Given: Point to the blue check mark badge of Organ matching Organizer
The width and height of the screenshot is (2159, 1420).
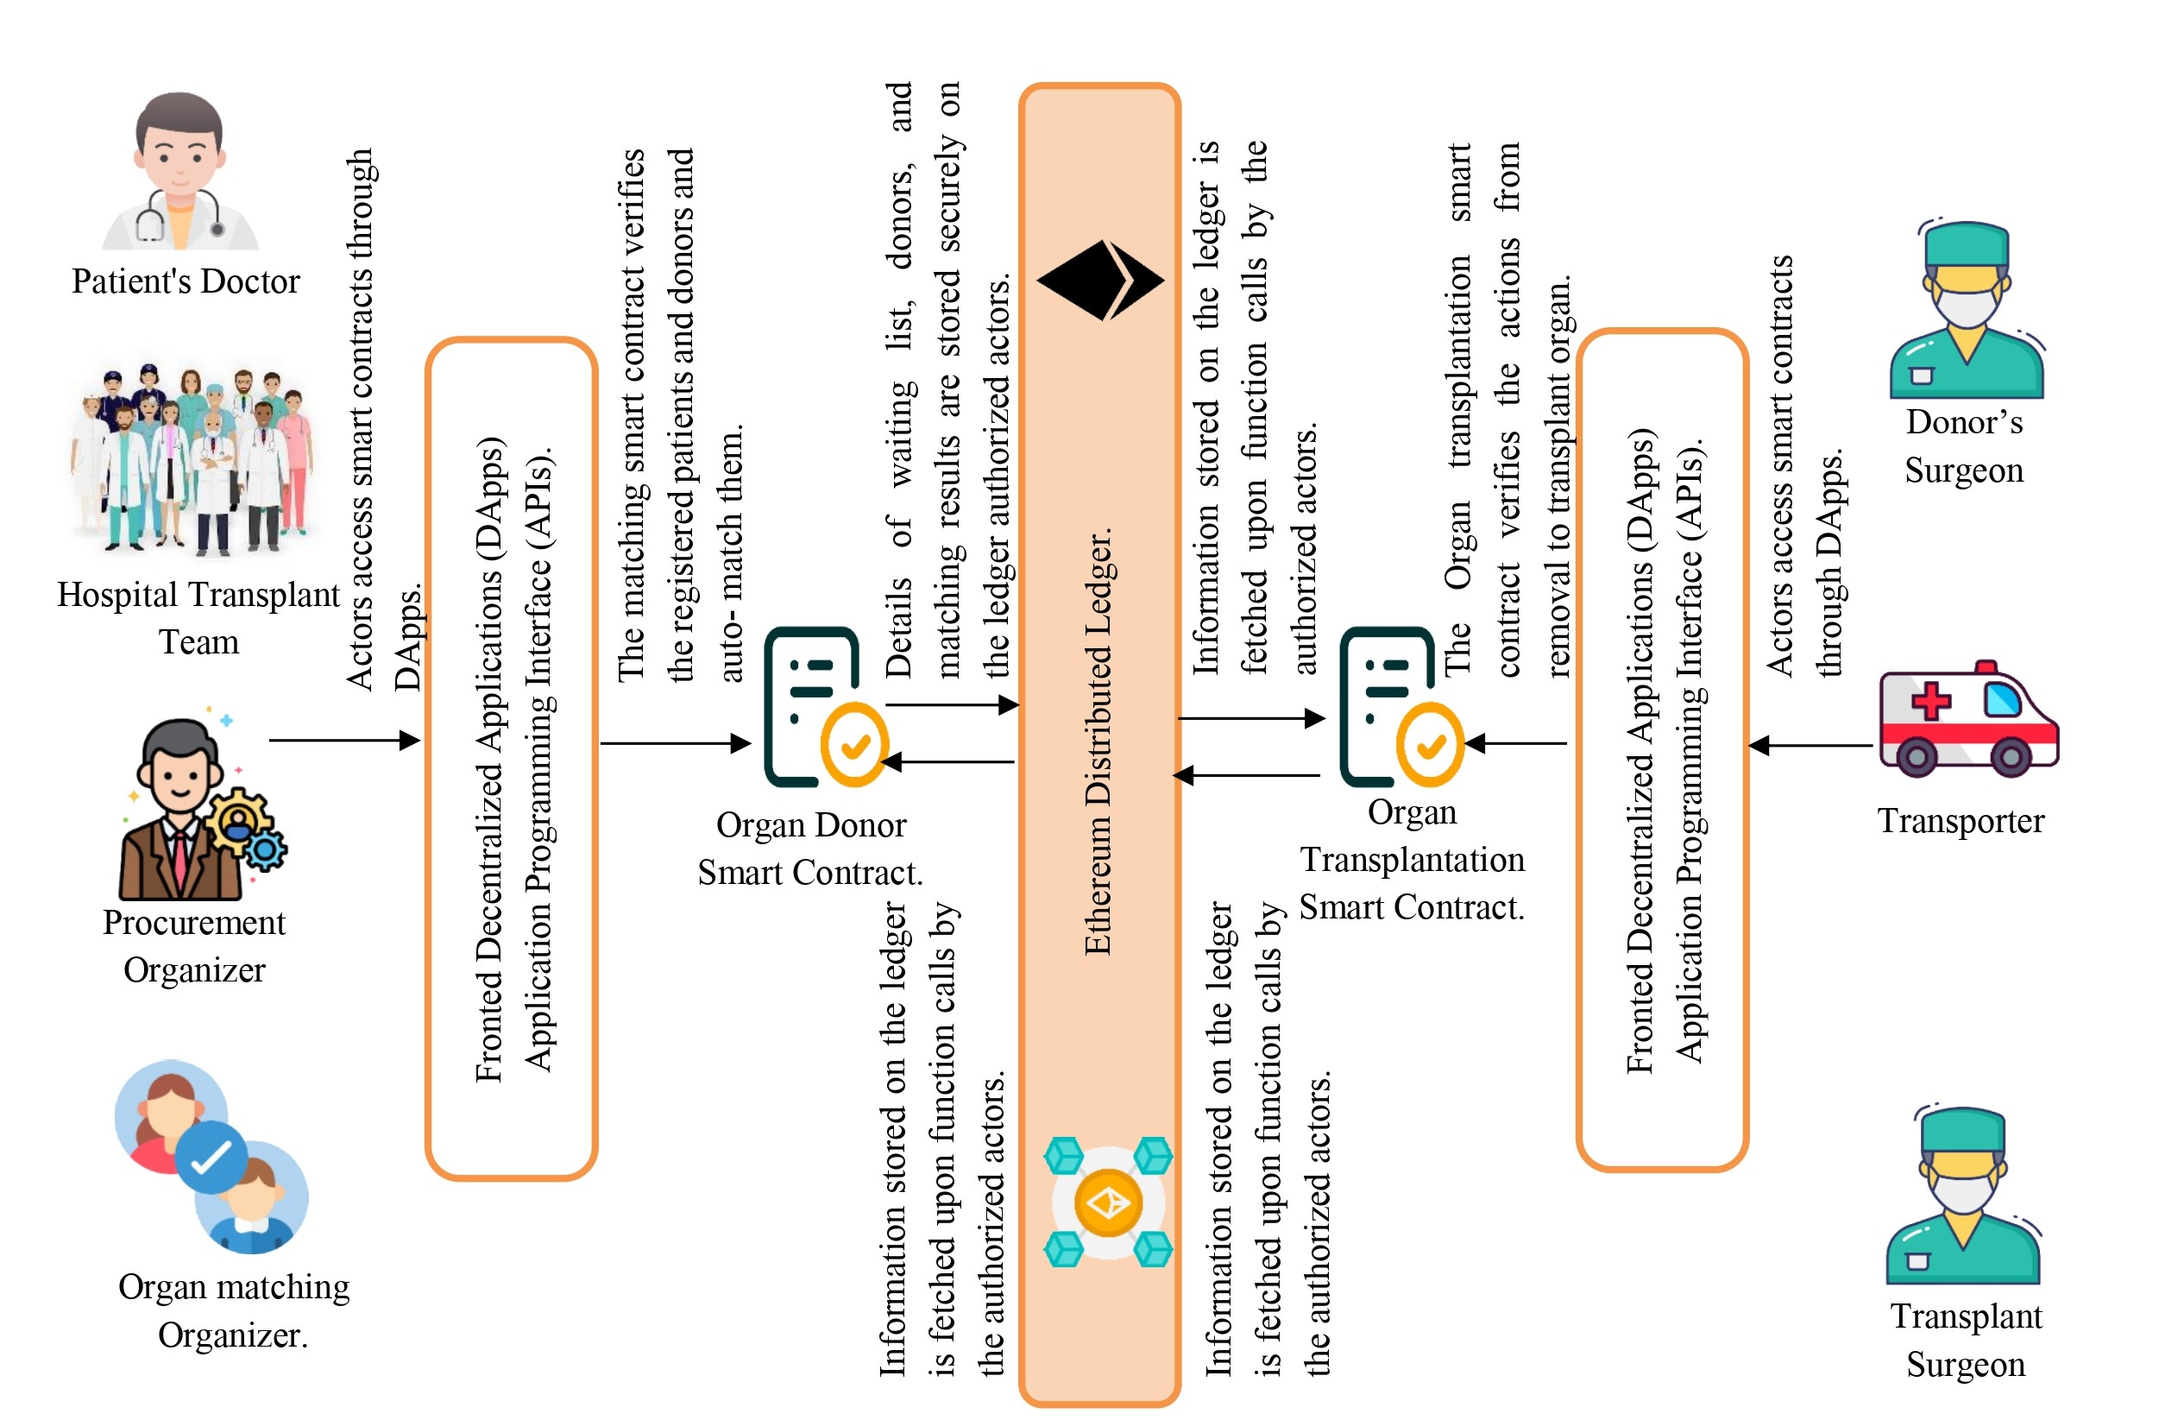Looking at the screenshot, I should [211, 1157].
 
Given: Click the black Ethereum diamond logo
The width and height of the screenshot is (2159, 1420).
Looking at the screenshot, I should [1099, 281].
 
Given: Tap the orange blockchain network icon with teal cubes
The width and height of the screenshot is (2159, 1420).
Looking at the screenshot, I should [1108, 1202].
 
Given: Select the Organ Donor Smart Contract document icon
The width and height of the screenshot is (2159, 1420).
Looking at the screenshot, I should [821, 708].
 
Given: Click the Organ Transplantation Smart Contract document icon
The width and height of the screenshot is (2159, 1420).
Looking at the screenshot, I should [1397, 708].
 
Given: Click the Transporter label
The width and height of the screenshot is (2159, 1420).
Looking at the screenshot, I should [1961, 821].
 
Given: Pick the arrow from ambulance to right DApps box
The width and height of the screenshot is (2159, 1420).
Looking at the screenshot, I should [1810, 746].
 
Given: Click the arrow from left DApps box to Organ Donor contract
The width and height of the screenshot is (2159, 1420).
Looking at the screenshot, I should [675, 744].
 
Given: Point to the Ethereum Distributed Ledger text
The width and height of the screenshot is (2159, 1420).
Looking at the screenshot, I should [1098, 740].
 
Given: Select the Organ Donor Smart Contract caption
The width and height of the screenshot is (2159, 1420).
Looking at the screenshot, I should [810, 849].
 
